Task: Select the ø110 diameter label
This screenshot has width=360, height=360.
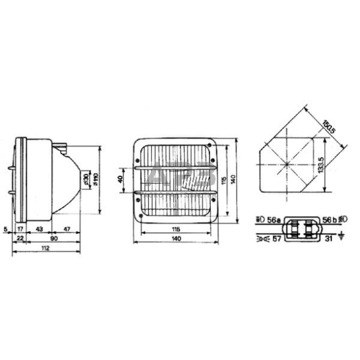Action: click(x=97, y=179)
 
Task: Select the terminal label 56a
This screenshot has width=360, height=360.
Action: click(x=274, y=219)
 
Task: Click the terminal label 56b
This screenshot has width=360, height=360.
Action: click(x=329, y=219)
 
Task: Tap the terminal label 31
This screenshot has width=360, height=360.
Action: click(x=329, y=239)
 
